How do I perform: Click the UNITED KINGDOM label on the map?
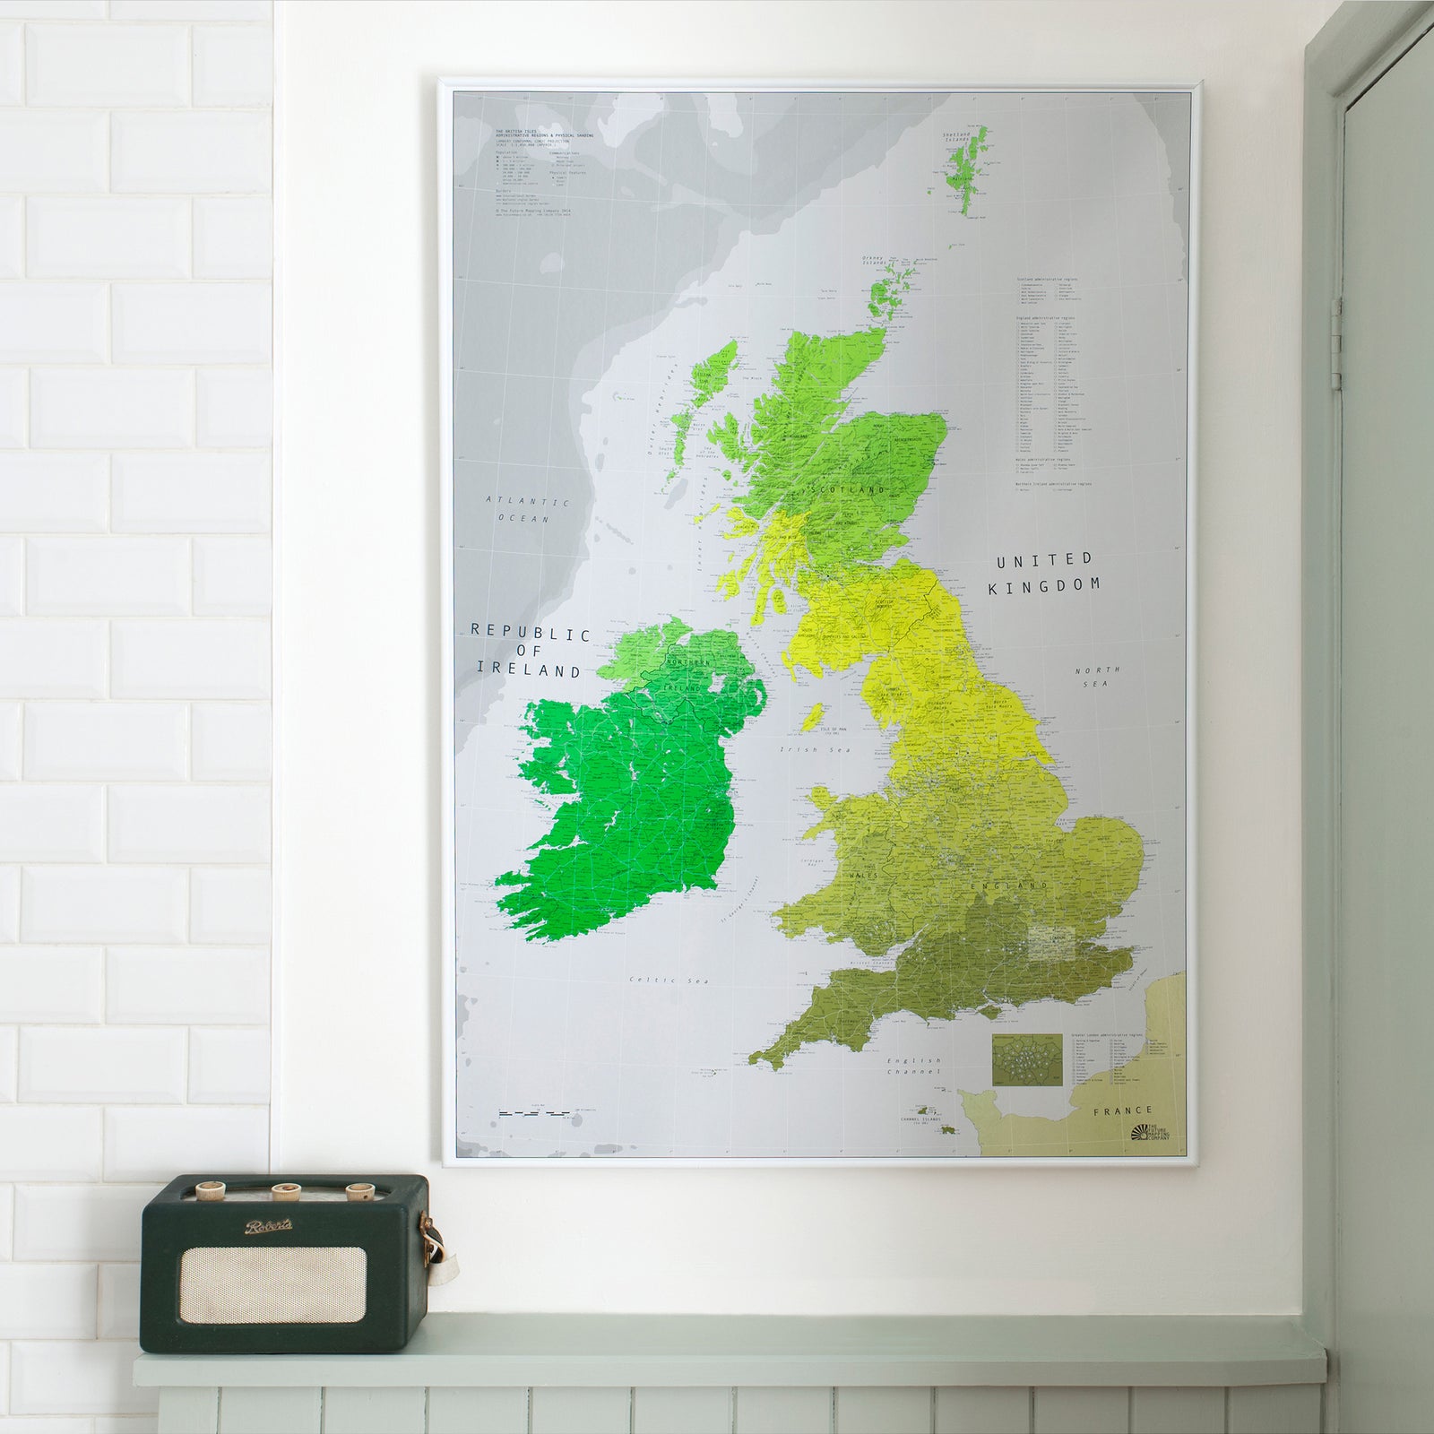pyautogui.click(x=1044, y=574)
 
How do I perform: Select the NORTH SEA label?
pyautogui.click(x=1098, y=677)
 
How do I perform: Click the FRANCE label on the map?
pyautogui.click(x=1123, y=1110)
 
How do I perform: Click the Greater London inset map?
pyautogui.click(x=1027, y=1060)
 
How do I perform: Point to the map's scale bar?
pyautogui.click(x=534, y=1113)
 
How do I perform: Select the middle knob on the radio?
pyautogui.click(x=286, y=1191)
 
